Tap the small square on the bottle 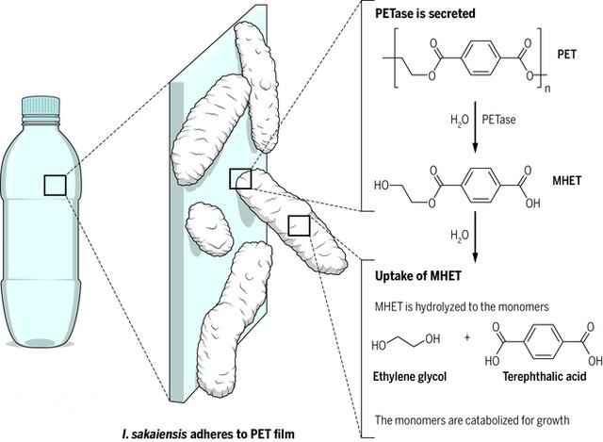click(x=56, y=185)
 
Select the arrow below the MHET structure click(x=477, y=239)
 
